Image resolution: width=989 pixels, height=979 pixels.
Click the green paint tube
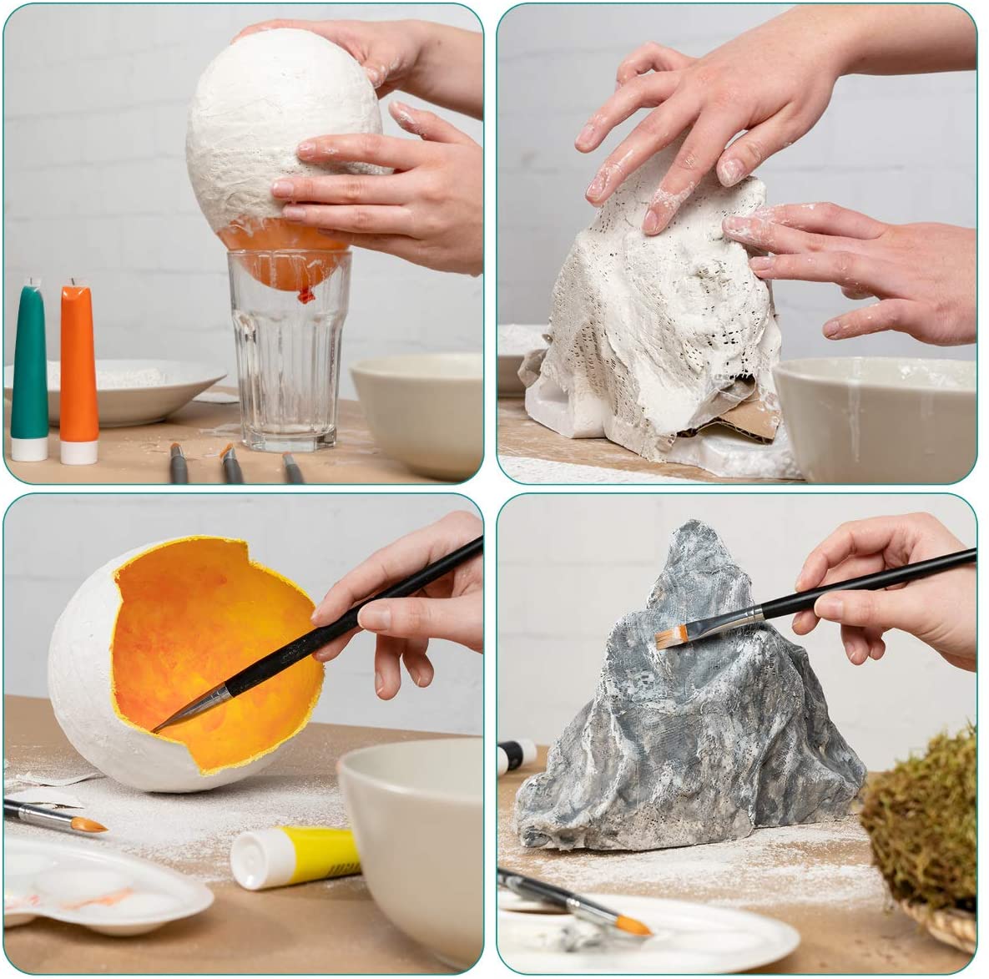tap(30, 367)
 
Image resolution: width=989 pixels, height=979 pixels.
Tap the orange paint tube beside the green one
tap(78, 367)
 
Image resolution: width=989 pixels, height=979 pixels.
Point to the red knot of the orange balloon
tap(305, 293)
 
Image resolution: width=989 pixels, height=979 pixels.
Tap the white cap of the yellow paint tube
tap(251, 860)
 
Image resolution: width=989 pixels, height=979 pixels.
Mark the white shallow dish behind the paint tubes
tap(125, 389)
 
